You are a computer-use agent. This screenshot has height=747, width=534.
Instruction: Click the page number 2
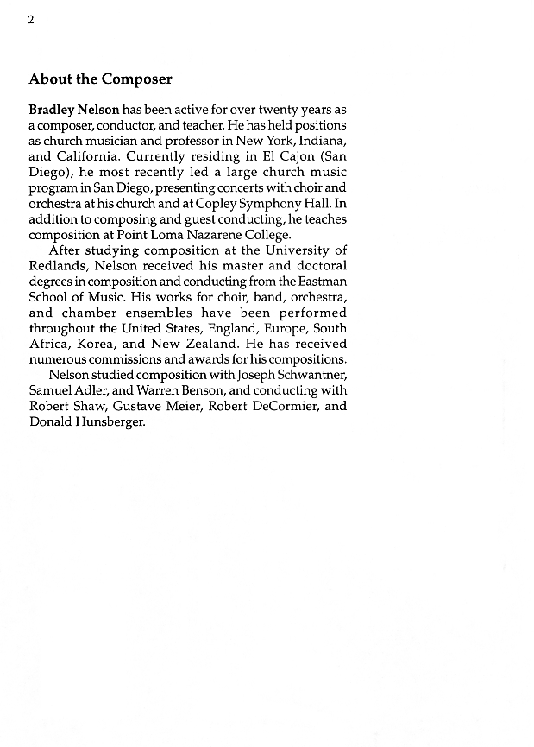[x=31, y=20]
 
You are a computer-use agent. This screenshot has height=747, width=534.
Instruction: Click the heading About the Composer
[x=100, y=79]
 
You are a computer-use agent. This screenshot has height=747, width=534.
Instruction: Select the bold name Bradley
[x=51, y=111]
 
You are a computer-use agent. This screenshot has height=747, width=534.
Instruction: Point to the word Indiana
[x=319, y=142]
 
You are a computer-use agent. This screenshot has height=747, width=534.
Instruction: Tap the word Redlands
[x=56, y=266]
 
